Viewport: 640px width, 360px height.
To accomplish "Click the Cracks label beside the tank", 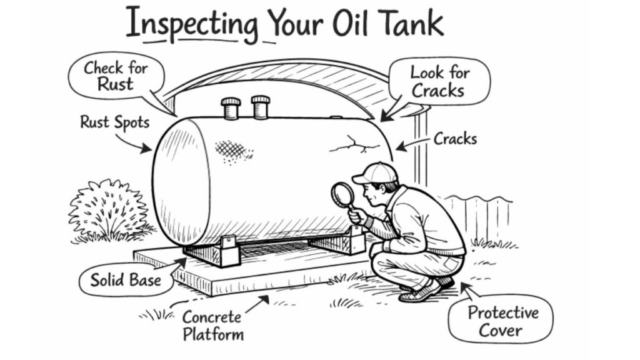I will click(x=455, y=138).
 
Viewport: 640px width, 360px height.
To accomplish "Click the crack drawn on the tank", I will click(x=354, y=146).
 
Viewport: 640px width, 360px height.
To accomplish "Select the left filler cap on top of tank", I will click(x=231, y=107).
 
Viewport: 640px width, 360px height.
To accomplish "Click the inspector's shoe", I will click(x=420, y=292).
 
